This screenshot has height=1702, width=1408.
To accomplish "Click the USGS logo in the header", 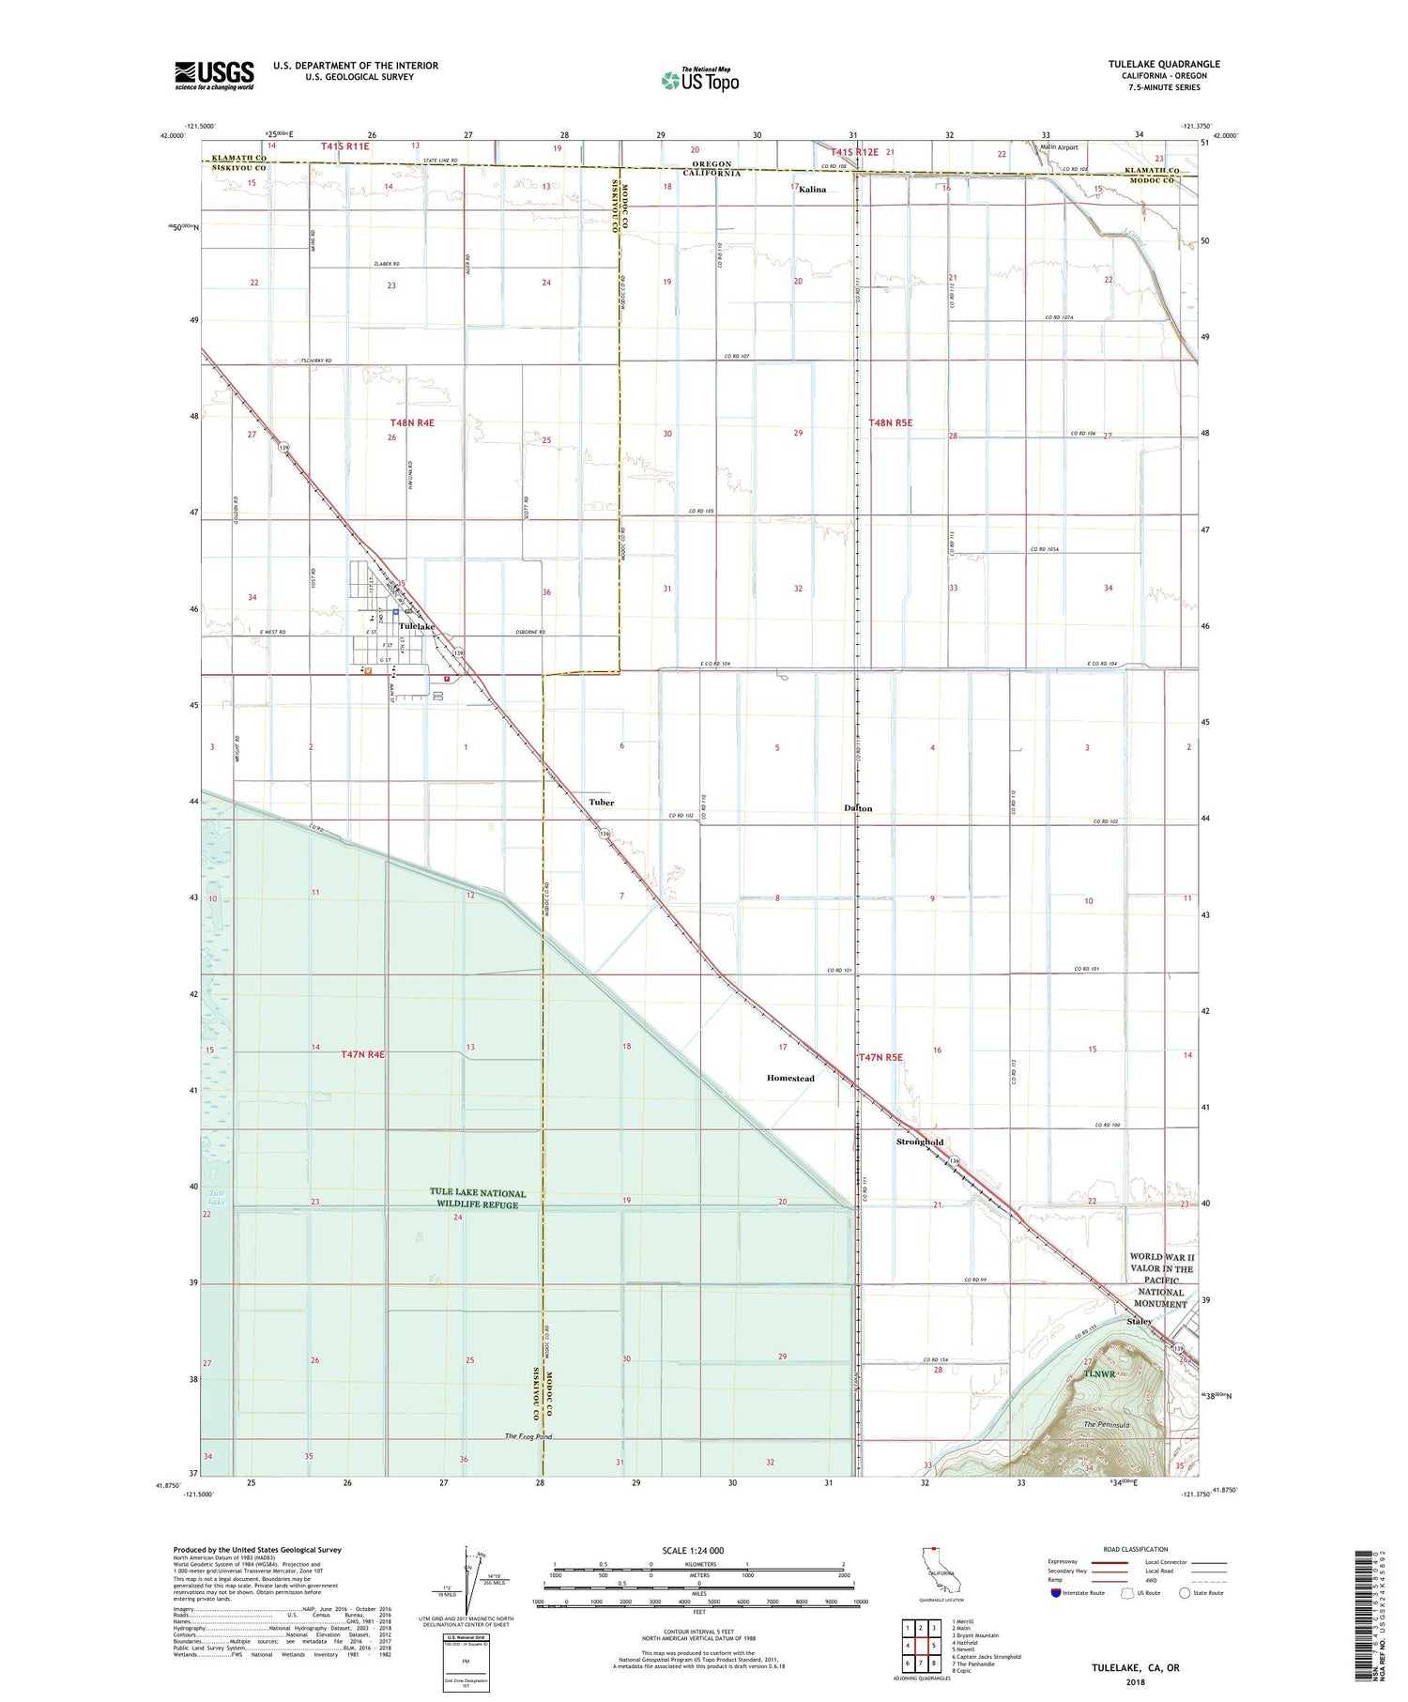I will coord(214,75).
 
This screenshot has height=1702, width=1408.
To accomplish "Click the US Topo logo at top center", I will coord(700,81).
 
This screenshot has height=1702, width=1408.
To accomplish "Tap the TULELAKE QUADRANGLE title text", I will coord(1164,64).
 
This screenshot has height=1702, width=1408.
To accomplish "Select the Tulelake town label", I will coord(417,626).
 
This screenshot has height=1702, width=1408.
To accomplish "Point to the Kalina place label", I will coord(812,190).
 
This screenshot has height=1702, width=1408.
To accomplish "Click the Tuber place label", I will coord(602,803).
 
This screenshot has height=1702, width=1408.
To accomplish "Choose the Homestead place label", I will coord(790,1079).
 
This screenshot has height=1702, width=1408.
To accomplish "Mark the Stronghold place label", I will coord(920,1142).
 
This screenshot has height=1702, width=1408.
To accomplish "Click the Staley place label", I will coord(1140,1322).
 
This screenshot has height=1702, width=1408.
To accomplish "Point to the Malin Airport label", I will coord(1059,147).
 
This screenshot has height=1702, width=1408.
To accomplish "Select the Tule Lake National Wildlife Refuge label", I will coord(478,1199).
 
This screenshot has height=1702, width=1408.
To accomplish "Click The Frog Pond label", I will coord(528,1437).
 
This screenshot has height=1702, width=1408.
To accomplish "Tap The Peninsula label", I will coord(1106,1426).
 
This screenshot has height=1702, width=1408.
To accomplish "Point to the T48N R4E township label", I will coord(412,423).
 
